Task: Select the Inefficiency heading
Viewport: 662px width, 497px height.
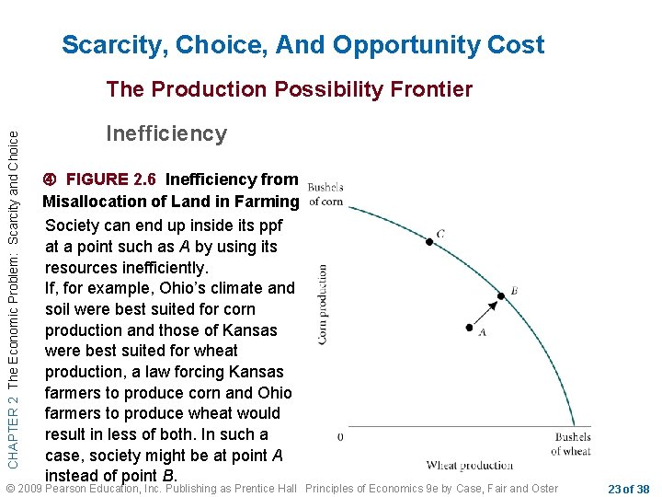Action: (166, 133)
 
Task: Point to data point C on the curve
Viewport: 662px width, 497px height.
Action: (428, 242)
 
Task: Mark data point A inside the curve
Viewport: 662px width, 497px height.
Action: (470, 328)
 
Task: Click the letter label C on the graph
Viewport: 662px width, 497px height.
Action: (441, 234)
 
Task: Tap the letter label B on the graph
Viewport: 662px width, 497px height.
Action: (514, 291)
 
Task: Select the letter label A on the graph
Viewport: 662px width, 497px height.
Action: (482, 333)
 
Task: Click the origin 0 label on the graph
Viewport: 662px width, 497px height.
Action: (340, 436)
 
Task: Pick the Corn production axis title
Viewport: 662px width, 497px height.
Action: (323, 306)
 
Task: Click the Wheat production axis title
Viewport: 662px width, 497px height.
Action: (470, 466)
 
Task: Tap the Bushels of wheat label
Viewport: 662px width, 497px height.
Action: (571, 444)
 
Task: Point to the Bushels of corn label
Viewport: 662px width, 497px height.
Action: (325, 195)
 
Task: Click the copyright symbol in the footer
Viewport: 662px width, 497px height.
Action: (11, 488)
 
